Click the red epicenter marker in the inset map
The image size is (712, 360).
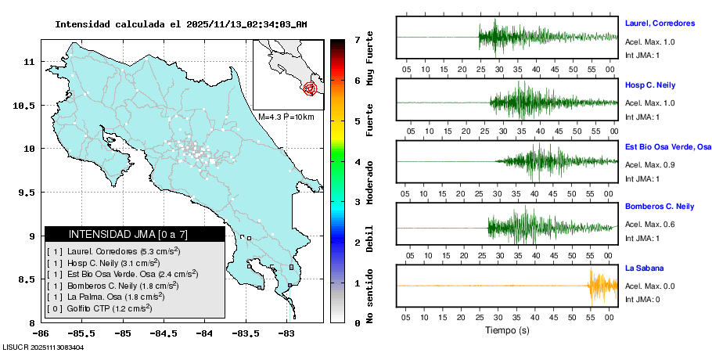click(311, 88)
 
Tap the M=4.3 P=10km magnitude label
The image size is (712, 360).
click(286, 117)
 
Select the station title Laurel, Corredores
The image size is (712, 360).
click(660, 23)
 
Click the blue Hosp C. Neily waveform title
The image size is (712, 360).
click(649, 85)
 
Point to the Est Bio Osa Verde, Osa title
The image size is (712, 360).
click(668, 146)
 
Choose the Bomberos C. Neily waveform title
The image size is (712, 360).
click(660, 207)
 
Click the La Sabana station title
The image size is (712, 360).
click(644, 268)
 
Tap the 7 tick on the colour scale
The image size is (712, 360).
click(357, 39)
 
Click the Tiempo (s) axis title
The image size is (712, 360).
click(507, 330)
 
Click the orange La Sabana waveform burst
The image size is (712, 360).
click(602, 286)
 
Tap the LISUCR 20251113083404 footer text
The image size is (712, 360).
click(44, 347)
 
